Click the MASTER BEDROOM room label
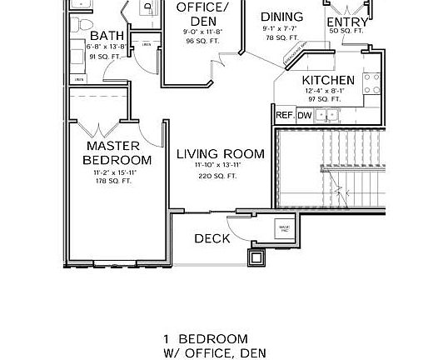[x=118, y=152]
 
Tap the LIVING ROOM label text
[x=221, y=154]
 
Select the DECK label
[x=212, y=239]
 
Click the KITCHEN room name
[x=328, y=81]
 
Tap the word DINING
[x=281, y=17]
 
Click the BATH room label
[x=107, y=36]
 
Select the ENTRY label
[x=347, y=22]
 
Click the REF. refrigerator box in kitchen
[x=284, y=115]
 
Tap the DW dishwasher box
[x=305, y=115]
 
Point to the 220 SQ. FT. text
[x=218, y=176]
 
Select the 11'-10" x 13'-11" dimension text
[x=218, y=166]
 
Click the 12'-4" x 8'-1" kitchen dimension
[x=328, y=92]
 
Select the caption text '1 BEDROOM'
[x=206, y=338]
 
